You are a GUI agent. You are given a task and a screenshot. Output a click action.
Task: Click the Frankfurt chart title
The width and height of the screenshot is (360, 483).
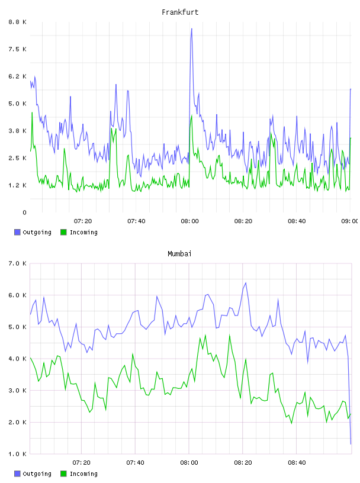coord(180,12)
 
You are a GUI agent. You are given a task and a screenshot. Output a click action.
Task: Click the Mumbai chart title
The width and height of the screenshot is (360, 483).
coord(179,254)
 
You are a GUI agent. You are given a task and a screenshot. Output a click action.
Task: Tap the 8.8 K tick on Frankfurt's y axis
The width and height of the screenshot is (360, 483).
coord(17,22)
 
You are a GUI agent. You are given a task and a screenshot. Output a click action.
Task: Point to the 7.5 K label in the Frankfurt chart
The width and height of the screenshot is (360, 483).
coord(17,49)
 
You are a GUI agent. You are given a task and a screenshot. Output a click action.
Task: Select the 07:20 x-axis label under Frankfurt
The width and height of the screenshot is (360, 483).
coord(83,221)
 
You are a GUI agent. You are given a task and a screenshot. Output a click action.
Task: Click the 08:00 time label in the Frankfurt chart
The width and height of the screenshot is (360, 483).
coord(190,221)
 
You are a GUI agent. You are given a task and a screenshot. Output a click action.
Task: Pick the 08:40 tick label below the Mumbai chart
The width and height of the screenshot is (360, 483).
coord(297,462)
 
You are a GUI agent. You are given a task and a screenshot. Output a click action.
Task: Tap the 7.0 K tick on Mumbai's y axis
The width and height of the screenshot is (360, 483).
coord(17,263)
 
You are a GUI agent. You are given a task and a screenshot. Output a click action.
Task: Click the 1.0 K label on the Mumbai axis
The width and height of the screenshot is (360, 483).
coord(17,454)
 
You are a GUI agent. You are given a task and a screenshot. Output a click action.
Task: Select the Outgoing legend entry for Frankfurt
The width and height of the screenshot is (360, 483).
coord(33,232)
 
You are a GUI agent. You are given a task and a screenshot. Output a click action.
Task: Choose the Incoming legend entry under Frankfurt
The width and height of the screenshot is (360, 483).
coord(79,232)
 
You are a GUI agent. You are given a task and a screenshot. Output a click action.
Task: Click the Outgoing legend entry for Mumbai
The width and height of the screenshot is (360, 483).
coord(33,474)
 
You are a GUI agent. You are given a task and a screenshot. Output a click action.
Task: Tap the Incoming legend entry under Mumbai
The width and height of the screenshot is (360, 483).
coord(79,474)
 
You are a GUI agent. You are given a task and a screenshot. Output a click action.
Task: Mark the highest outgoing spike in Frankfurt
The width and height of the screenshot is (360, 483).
coord(191,28)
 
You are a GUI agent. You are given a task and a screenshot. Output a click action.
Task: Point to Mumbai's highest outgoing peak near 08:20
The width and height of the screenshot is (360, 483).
coord(246,283)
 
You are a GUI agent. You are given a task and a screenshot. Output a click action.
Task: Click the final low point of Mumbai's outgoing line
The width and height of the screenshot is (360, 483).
coord(351,444)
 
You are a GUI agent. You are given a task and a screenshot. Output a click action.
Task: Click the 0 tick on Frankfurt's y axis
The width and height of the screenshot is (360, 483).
coord(25,212)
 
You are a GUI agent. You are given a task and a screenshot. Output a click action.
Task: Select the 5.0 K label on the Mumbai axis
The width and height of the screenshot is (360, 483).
coord(17,327)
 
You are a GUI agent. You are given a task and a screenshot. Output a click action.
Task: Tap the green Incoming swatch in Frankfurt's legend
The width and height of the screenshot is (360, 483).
coord(63,232)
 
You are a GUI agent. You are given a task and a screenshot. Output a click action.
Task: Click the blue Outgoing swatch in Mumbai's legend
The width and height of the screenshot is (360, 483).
coord(17,474)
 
